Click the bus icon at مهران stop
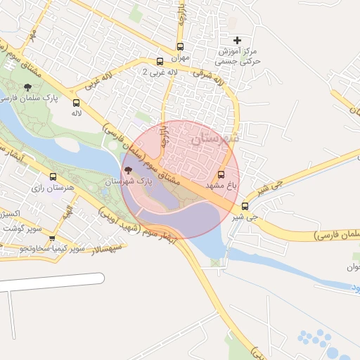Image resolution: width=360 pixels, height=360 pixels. [180, 46]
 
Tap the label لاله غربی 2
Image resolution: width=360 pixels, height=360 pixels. [155, 72]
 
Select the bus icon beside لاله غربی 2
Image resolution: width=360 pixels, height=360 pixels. [160, 62]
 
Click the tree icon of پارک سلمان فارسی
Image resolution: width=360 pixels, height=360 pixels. [27, 87]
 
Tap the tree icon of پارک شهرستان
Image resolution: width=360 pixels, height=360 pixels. [127, 170]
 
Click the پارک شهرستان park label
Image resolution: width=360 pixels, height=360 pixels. [129, 181]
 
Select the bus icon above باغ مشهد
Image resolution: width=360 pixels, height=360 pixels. [221, 174]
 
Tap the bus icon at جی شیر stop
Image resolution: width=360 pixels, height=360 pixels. [245, 206]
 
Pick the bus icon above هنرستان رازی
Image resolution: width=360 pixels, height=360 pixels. [53, 177]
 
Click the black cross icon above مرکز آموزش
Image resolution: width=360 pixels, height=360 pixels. [236, 40]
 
